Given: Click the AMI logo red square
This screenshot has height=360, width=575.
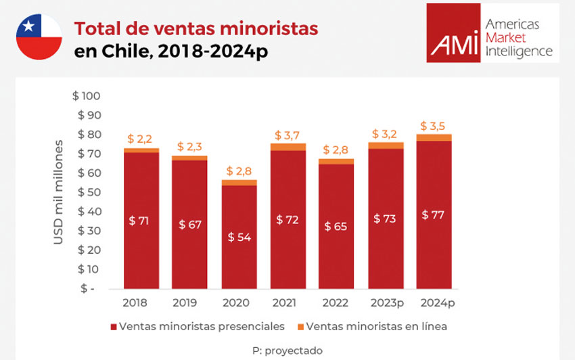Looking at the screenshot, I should click(x=455, y=33).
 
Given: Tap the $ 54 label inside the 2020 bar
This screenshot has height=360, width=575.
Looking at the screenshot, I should click(x=239, y=237).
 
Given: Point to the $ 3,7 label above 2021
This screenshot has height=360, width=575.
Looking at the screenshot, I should click(x=288, y=136).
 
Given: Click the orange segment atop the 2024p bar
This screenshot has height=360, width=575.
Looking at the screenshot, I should click(x=434, y=137).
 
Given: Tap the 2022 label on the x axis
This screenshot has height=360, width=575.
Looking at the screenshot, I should click(x=336, y=302).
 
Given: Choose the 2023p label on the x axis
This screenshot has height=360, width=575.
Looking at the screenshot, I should click(x=386, y=302).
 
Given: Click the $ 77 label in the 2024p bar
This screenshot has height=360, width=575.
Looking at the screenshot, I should click(x=434, y=215).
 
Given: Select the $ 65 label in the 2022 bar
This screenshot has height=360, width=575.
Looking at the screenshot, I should click(x=336, y=226).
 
